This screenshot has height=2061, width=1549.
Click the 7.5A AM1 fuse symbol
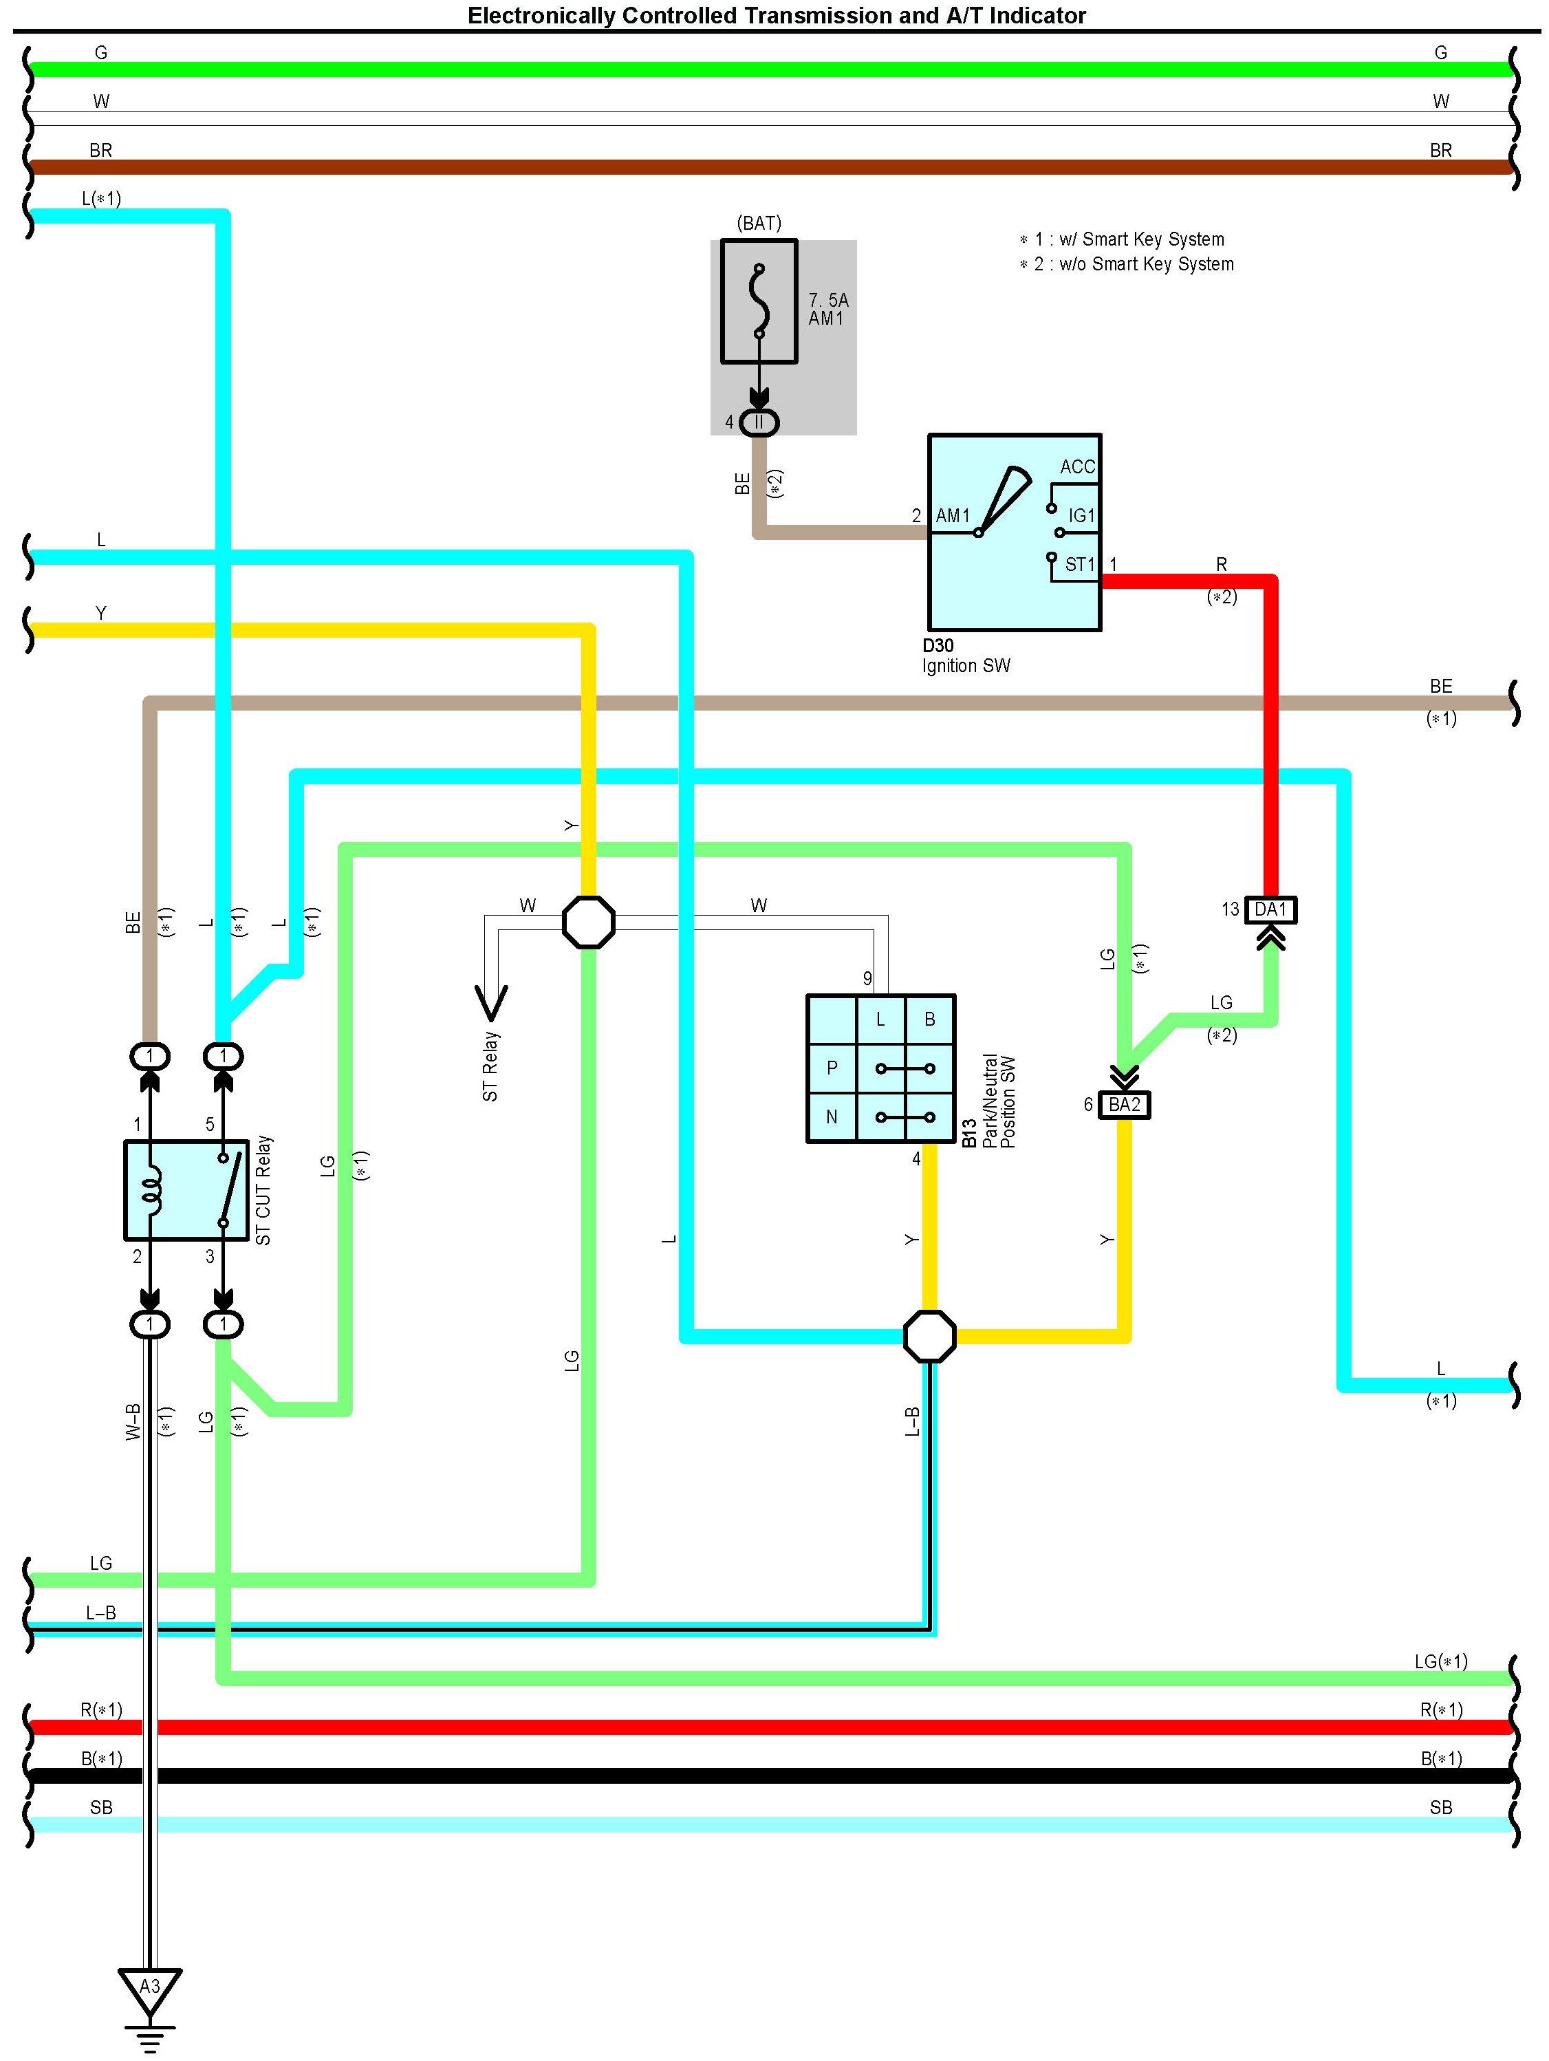pyautogui.click(x=759, y=301)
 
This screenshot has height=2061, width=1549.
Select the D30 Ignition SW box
pyautogui.click(x=1015, y=532)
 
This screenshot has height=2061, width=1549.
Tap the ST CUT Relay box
pyautogui.click(x=186, y=1190)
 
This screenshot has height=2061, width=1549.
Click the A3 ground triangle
pyautogui.click(x=149, y=1990)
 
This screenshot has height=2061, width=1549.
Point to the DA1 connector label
pyautogui.click(x=1270, y=909)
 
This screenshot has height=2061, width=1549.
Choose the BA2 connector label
pyautogui.click(x=1124, y=1105)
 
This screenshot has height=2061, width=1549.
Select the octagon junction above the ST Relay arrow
pyautogui.click(x=589, y=922)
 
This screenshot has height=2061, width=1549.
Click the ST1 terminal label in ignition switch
pyautogui.click(x=1079, y=565)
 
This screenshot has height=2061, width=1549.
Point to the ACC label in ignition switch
pyautogui.click(x=1078, y=467)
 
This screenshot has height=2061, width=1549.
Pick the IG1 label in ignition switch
pyautogui.click(x=1081, y=515)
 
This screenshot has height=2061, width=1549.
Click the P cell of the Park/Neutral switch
pyautogui.click(x=832, y=1068)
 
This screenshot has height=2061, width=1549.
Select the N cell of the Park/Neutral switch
pyautogui.click(x=832, y=1116)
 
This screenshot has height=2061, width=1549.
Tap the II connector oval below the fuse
pyautogui.click(x=759, y=423)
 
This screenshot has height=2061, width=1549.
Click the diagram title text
pyautogui.click(x=777, y=15)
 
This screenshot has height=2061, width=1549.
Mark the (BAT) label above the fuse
pyautogui.click(x=759, y=224)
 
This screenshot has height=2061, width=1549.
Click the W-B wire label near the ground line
pyautogui.click(x=133, y=1422)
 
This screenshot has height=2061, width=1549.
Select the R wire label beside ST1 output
pyautogui.click(x=1221, y=565)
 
